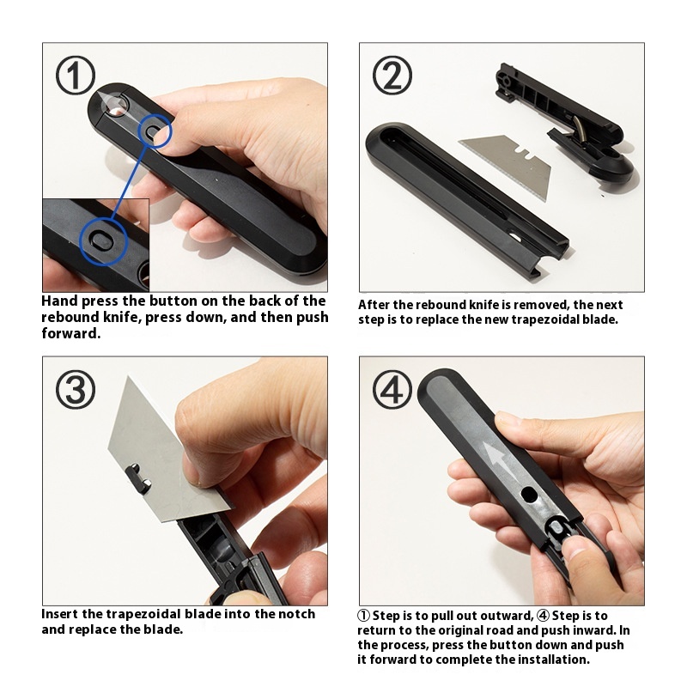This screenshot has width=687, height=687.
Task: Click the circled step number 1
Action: [x=76, y=76]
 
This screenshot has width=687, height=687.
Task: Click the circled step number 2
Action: [x=392, y=76]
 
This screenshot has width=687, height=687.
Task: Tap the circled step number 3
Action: [x=76, y=390]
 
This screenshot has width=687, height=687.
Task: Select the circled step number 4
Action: [x=392, y=390]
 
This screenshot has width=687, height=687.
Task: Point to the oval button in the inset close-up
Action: [x=103, y=240]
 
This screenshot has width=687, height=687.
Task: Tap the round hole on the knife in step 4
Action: [x=529, y=495]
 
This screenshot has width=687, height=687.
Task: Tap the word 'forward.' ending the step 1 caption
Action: [x=71, y=333]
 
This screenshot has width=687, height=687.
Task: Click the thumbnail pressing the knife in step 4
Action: [x=577, y=553]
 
